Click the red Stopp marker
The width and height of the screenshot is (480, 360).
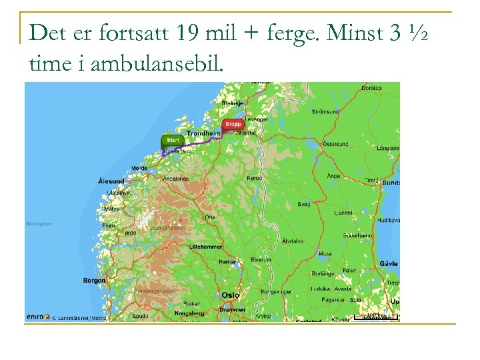point(233,124)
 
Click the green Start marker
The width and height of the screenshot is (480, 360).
point(172,140)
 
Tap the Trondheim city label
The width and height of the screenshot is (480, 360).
point(203,134)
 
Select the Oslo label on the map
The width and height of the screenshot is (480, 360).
point(231,295)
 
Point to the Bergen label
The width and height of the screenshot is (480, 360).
point(94,281)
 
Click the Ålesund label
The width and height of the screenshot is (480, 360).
point(111,181)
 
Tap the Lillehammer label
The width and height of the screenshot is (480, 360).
point(206,246)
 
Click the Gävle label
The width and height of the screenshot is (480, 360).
point(388,263)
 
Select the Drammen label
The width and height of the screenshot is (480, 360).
point(232,310)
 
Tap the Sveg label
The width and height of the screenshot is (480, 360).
point(304,204)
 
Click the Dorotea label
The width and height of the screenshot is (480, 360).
point(371,87)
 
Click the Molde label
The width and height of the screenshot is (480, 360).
point(140,169)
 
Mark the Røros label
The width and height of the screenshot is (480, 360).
point(254,178)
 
